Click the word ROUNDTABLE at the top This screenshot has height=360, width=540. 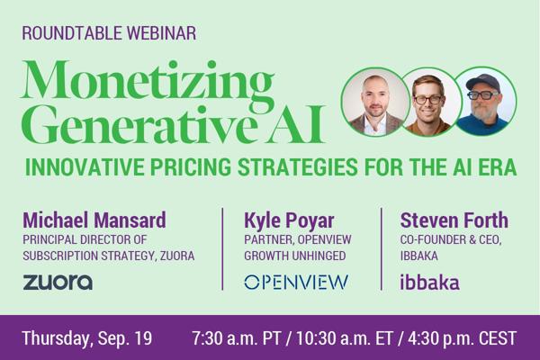coord(72,33)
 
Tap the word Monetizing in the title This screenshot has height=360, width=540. coord(148,83)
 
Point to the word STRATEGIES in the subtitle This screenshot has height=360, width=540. coord(298,167)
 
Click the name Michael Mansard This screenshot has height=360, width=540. coord(94,220)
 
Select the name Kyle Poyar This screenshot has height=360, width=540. coord(289,220)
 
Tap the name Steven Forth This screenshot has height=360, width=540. coord(454,220)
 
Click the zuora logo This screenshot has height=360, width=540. coord(58,282)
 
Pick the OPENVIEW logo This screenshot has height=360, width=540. coord(296,282)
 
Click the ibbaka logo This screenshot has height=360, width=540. coord(429,282)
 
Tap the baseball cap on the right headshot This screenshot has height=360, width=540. coord(482,83)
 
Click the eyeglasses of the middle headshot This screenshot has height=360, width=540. coord(427,100)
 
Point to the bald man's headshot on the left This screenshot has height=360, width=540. coord(375,102)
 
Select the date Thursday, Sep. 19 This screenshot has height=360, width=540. coord(87,338)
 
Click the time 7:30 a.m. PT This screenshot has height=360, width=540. coord(237,338)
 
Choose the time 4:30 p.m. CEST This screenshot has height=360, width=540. coord(463,338)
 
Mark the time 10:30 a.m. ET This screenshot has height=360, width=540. coord(345,338)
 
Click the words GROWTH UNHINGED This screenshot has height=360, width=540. coord(295,256)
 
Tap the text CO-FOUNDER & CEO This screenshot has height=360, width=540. coord(451,239)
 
